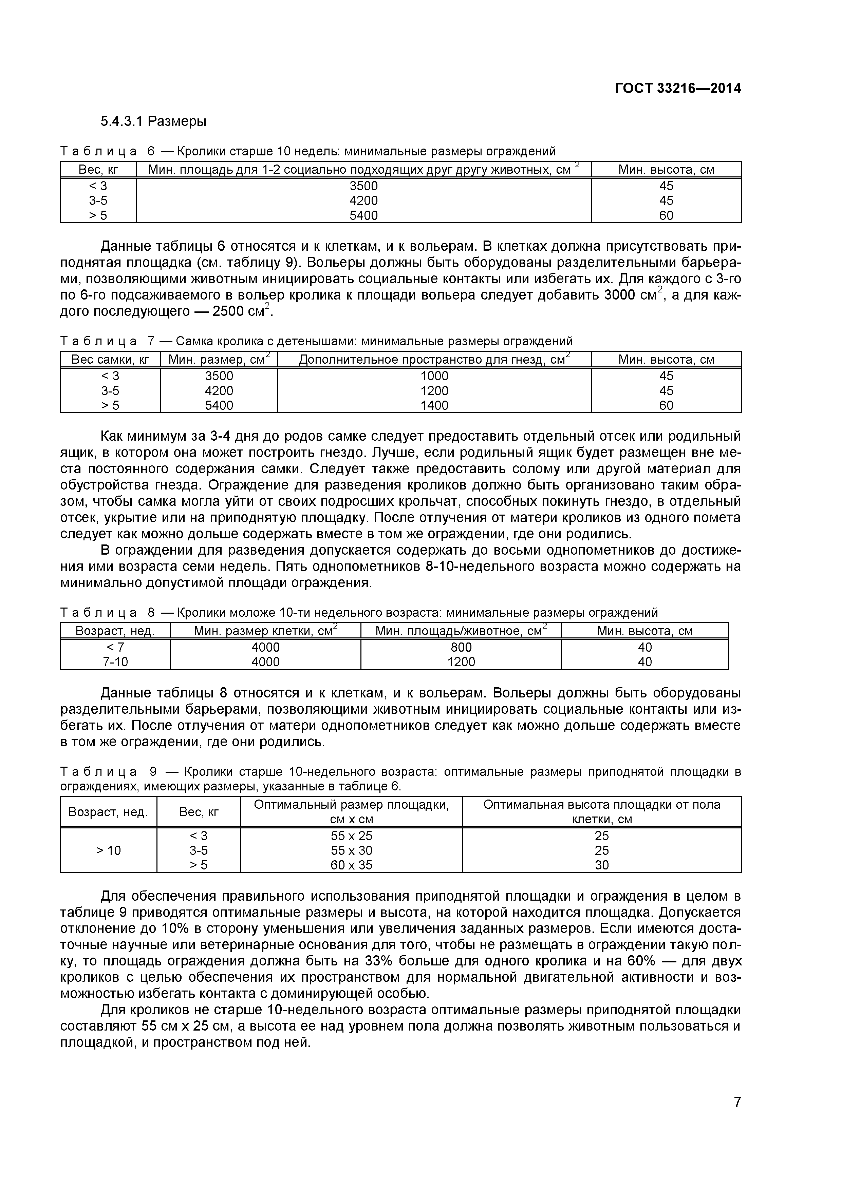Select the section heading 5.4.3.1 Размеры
153,121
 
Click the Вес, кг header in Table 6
98,170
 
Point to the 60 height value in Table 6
666,215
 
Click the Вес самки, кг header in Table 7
110,360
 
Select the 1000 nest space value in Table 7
434,376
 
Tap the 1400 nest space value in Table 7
434,405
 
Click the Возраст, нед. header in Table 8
115,631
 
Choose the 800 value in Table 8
461,647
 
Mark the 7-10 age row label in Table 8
115,662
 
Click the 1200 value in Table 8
461,662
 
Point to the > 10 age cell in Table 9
108,850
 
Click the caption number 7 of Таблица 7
151,341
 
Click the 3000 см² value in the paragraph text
626,295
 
